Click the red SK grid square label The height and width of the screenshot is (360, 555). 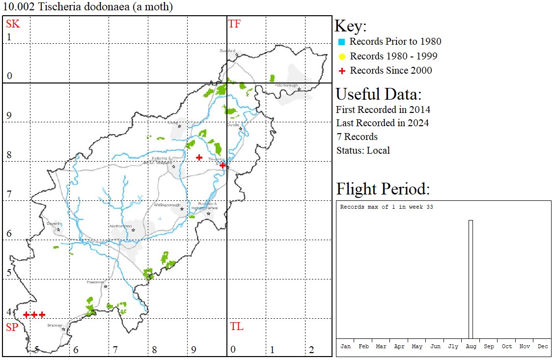(x=13, y=24)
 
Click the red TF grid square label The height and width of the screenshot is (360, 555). (x=234, y=24)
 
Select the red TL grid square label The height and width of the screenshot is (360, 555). (x=236, y=327)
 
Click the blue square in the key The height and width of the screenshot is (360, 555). (x=342, y=42)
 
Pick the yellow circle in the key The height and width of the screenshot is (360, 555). (x=342, y=56)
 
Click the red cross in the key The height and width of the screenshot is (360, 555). (x=342, y=71)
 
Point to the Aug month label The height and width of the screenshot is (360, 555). (x=471, y=346)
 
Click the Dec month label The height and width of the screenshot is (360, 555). (x=542, y=346)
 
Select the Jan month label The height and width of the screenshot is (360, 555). (x=345, y=346)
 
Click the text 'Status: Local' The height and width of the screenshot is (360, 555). (x=363, y=150)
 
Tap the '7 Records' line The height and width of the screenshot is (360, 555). (x=357, y=137)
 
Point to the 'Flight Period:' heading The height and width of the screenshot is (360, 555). (x=383, y=189)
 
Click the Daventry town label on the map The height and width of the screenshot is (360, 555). (x=54, y=223)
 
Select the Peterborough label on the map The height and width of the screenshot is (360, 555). (x=286, y=85)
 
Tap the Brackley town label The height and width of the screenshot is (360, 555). (x=55, y=325)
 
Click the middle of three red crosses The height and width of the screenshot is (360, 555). (x=34, y=314)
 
